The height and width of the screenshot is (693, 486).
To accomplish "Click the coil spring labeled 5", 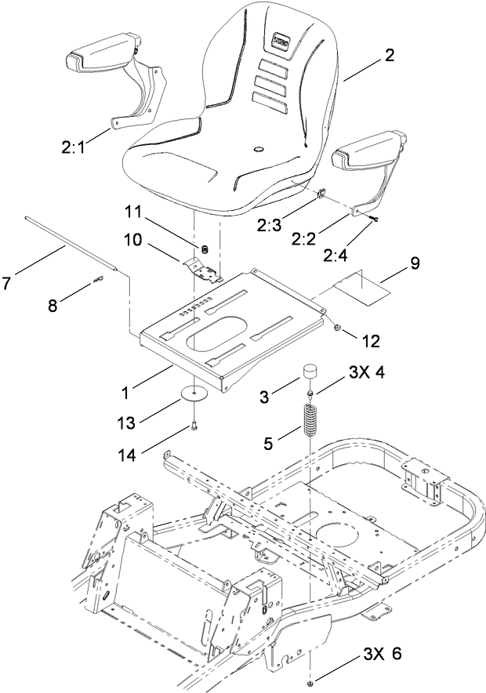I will [313, 422].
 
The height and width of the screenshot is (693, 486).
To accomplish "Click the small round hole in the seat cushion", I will [257, 147].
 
